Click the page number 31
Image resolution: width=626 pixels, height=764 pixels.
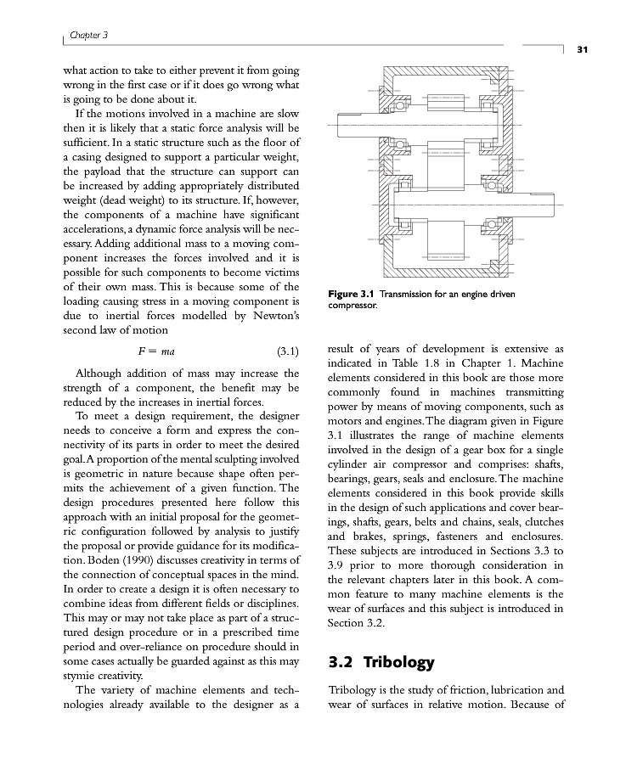coord(583,49)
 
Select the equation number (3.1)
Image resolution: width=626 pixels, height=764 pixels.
coord(290,351)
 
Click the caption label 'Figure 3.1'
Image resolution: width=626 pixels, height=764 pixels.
coord(352,295)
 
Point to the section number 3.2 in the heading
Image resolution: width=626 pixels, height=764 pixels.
coord(343,662)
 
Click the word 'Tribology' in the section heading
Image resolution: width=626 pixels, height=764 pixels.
coord(401,662)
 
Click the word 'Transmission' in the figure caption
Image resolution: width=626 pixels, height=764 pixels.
coord(410,295)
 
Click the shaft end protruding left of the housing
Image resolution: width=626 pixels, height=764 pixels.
coord(357,118)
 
